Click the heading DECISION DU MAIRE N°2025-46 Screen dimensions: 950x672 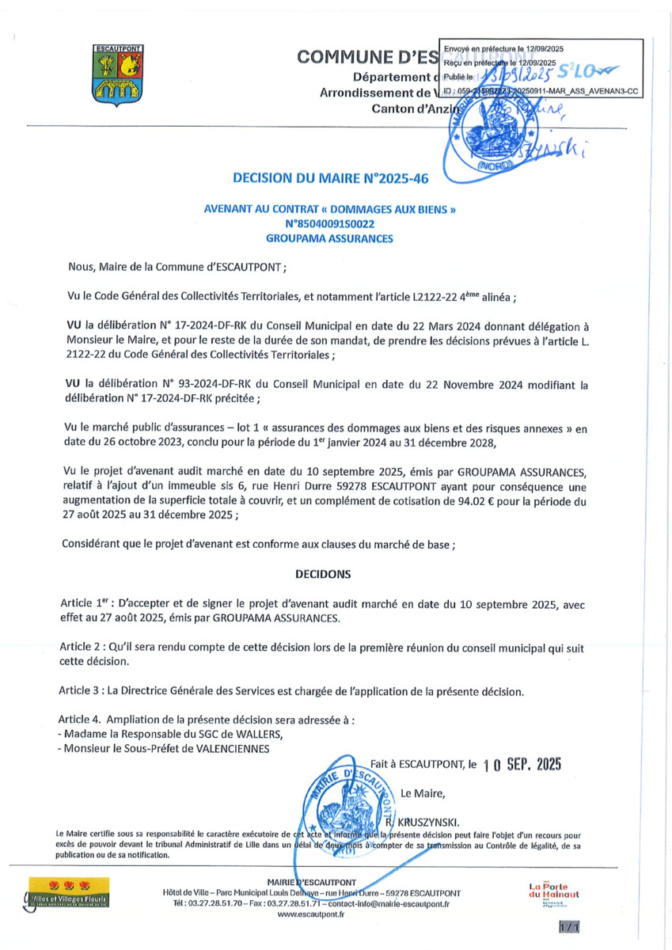click(x=330, y=178)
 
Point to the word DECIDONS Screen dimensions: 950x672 click(x=323, y=574)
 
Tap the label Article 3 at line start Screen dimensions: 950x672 click(x=82, y=690)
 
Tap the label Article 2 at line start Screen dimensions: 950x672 click(x=82, y=647)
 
